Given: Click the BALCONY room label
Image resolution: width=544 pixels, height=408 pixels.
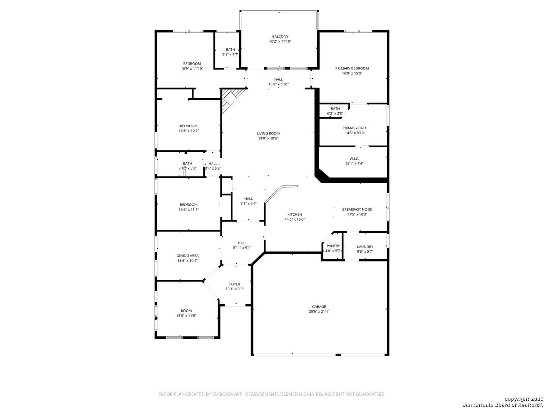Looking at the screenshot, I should point(280,37).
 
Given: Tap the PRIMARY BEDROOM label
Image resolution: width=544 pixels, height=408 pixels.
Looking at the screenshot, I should point(352,68).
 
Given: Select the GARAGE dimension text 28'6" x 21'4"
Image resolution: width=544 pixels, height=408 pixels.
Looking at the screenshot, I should point(319,312).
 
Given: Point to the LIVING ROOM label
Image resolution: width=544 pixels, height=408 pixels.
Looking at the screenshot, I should point(268,133).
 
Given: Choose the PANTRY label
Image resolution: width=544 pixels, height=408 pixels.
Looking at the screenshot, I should point(333,246).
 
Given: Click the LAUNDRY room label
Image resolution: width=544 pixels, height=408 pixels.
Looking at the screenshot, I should point(365,247).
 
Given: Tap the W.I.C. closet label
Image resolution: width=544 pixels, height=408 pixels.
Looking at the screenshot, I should point(354,159).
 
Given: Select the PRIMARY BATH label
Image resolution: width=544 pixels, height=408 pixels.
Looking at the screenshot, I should point(355,128).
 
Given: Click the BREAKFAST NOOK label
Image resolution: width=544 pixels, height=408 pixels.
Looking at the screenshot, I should point(357,209).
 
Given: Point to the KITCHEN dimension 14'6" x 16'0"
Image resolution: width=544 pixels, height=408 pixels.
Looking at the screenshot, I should point(295,219).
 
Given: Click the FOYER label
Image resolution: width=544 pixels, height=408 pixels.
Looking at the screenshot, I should point(235,284).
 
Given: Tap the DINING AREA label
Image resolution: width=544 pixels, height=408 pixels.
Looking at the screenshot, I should point(187,256).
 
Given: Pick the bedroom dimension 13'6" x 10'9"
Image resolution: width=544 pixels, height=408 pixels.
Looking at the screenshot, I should point(189,131).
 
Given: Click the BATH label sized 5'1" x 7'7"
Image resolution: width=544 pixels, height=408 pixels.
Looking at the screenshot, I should point(230,49).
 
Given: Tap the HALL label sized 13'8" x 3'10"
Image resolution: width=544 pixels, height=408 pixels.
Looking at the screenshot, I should point(278,79).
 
